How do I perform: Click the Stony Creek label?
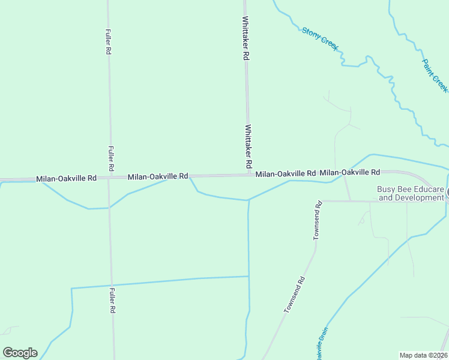pyautogui.click(x=321, y=38)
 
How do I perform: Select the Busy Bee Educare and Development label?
pyautogui.click(x=411, y=193)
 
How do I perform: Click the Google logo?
pyautogui.click(x=20, y=353)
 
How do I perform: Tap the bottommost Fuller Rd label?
pyautogui.click(x=112, y=301)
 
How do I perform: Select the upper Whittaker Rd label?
pyautogui.click(x=246, y=38)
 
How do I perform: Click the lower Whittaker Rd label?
pyautogui.click(x=249, y=146)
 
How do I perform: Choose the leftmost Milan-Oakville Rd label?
pyautogui.click(x=66, y=178)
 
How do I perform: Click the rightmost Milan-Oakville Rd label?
pyautogui.click(x=349, y=172)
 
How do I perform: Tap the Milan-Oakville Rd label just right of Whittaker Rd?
pyautogui.click(x=285, y=173)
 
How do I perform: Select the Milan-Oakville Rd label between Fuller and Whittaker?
pyautogui.click(x=158, y=176)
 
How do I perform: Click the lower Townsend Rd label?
pyautogui.click(x=295, y=295)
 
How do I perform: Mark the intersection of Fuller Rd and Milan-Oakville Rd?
pyautogui.click(x=109, y=178)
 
